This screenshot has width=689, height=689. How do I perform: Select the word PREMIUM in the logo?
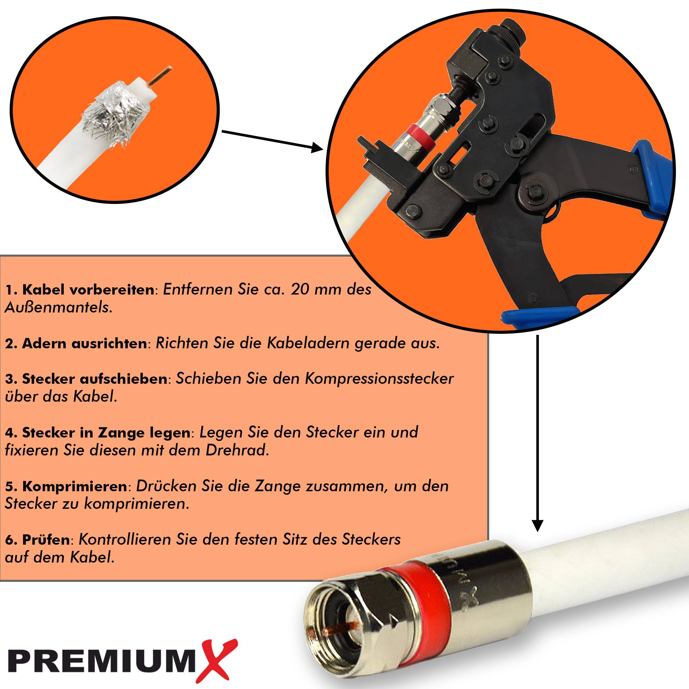102,659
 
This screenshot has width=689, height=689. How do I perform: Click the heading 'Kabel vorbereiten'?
80,290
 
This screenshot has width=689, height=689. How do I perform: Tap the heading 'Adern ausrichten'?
76,343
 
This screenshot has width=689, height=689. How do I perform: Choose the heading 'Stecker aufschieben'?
86,379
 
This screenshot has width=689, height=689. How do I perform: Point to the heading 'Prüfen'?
37,539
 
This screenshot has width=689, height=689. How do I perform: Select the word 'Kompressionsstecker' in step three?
379,379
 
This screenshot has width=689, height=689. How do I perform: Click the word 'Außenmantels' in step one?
58,307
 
